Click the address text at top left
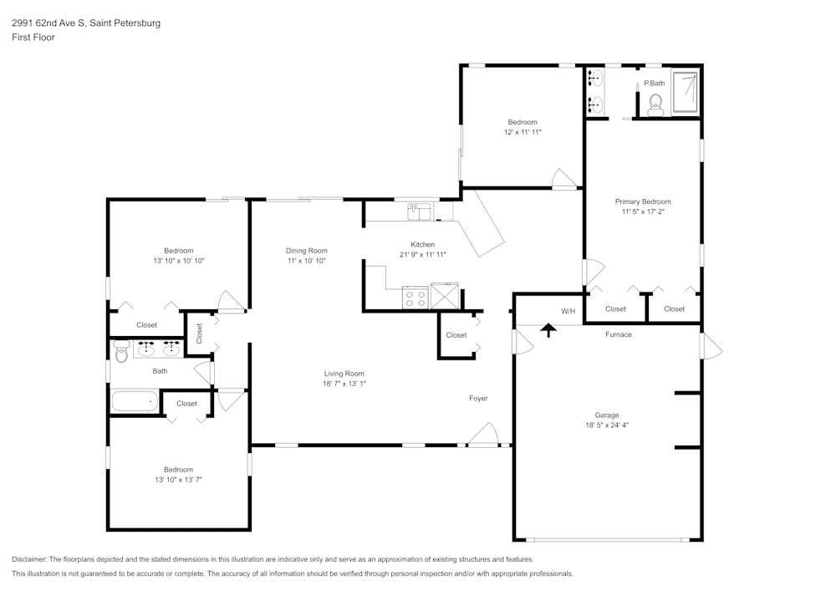(x=86, y=23)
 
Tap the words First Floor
(x=33, y=38)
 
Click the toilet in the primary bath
(x=655, y=103)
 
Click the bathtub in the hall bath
(x=135, y=401)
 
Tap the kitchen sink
(x=418, y=212)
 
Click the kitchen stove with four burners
(x=415, y=297)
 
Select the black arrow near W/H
(x=548, y=330)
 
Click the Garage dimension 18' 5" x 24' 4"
(x=607, y=425)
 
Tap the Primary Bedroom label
(x=643, y=201)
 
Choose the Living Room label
(x=344, y=374)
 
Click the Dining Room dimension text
(x=306, y=261)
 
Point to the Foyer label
(x=478, y=398)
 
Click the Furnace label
(x=619, y=334)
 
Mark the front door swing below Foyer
(x=484, y=435)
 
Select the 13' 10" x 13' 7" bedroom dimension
(x=178, y=480)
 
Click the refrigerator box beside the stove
(x=445, y=297)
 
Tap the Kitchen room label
(x=422, y=244)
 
